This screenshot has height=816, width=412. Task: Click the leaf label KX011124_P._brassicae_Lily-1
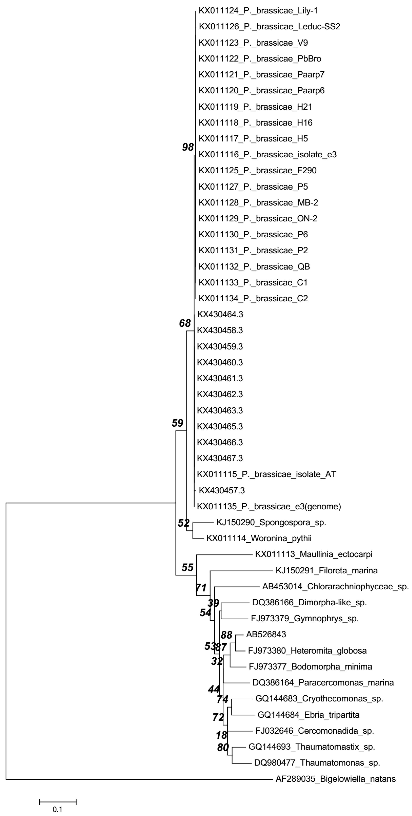pos(258,11)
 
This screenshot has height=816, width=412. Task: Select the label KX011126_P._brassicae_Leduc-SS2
pos(269,27)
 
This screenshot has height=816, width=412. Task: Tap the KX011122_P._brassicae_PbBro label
pos(260,59)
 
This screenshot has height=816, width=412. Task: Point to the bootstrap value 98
pos(188,147)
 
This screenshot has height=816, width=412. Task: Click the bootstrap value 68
pos(185,323)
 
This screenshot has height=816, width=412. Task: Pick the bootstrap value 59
pos(177,423)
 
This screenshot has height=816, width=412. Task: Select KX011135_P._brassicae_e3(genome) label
pos(269,506)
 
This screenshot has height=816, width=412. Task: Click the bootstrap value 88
pos(226,635)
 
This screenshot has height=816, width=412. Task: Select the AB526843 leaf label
pos(266,634)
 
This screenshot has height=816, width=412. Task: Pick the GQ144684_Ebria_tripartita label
pos(308,715)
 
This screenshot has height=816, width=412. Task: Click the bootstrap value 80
pos(223,747)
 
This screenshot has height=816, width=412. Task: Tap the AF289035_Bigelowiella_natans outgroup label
pos(336,779)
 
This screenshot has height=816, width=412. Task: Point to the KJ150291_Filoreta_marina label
pos(327,570)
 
